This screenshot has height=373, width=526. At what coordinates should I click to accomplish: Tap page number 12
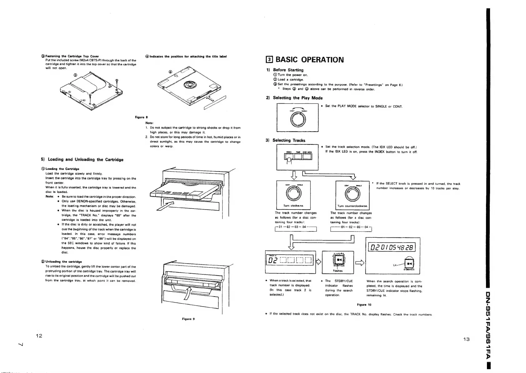pyautogui.click(x=39, y=336)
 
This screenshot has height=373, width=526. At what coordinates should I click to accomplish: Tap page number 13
pyautogui.click(x=466, y=339)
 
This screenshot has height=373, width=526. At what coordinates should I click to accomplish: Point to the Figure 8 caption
pyautogui.click(x=139, y=117)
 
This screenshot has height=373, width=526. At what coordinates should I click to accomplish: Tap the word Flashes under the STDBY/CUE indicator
pyautogui.click(x=338, y=271)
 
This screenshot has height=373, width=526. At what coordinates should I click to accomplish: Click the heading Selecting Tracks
pyautogui.click(x=289, y=140)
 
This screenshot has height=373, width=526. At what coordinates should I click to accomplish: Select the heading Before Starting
pyautogui.click(x=288, y=70)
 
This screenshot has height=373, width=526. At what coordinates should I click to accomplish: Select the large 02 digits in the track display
pyautogui.click(x=272, y=261)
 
